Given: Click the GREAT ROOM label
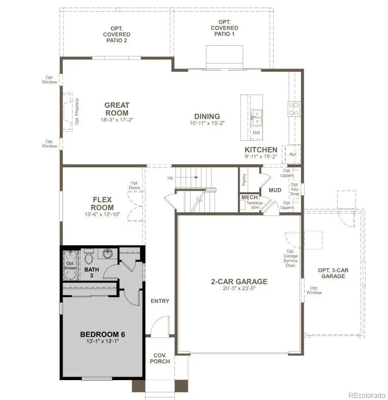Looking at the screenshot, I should (x=116, y=109).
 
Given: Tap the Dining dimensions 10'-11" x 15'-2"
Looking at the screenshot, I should (x=206, y=123).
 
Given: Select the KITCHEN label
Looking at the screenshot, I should (x=261, y=149).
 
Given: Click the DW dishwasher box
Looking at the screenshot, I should (x=256, y=133).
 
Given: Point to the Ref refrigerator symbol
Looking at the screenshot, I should (x=293, y=154).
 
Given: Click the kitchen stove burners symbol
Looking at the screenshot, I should (x=294, y=108).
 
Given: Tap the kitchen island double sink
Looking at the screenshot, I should (x=256, y=118).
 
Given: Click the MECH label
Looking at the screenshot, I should (x=249, y=197).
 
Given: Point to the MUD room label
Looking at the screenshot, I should (x=275, y=190).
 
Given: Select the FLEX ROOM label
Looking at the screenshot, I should (x=102, y=204).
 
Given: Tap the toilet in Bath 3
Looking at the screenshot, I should (x=89, y=253).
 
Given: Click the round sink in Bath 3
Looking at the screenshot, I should (x=107, y=253).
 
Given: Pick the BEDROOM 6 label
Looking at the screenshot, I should (x=102, y=334).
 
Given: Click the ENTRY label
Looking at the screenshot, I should (x=160, y=301).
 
